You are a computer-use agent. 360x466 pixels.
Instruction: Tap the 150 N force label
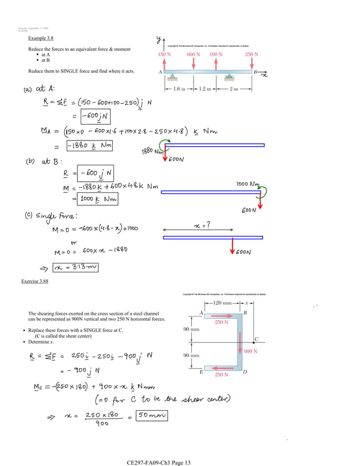click(x=165, y=55)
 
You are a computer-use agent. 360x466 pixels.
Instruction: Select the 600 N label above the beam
click(x=194, y=55)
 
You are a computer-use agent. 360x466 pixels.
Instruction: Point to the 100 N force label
click(x=216, y=55)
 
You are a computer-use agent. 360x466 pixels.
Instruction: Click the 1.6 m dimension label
click(x=178, y=89)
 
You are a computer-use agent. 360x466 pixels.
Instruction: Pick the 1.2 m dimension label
click(x=204, y=89)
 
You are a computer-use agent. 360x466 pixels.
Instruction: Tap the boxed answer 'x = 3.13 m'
click(x=75, y=267)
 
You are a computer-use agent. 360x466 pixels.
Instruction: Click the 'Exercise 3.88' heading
click(x=34, y=280)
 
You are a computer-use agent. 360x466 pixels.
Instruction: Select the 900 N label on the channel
click(x=250, y=351)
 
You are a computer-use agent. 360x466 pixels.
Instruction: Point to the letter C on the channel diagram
click(x=256, y=339)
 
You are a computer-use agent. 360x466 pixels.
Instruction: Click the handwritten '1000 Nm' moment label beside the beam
click(x=248, y=184)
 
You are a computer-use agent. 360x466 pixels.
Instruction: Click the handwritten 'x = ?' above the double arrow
click(x=199, y=225)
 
